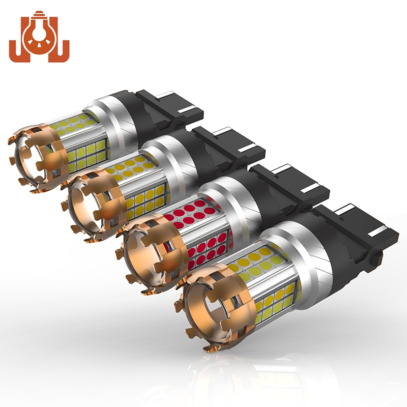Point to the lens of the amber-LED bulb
tap(92, 206)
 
